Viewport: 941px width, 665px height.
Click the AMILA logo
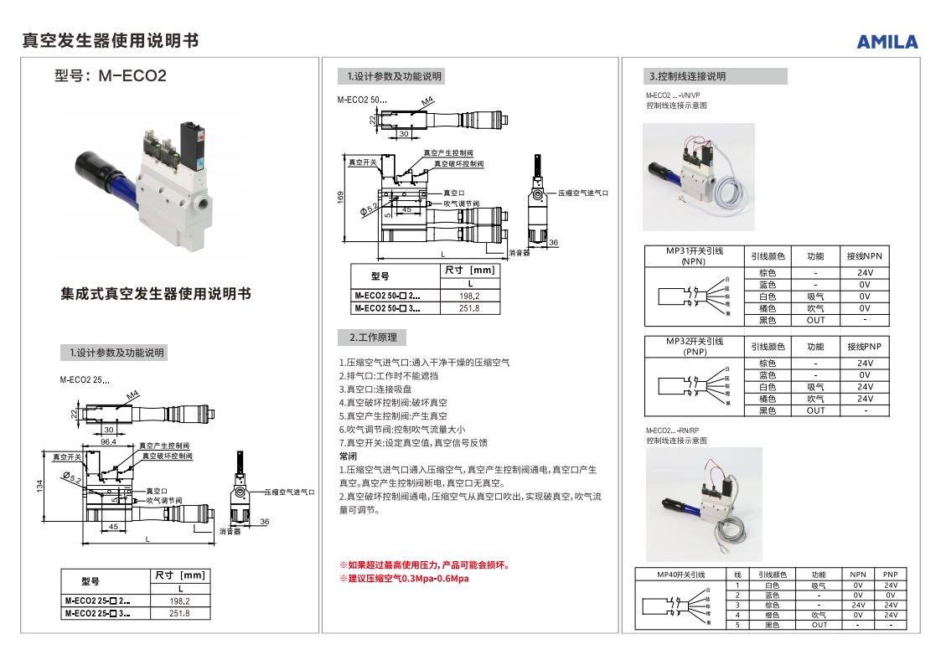[x=887, y=42]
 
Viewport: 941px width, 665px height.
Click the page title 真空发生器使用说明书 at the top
[x=111, y=41]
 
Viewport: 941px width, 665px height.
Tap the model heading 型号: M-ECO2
[x=111, y=76]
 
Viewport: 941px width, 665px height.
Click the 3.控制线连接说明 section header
[x=687, y=76]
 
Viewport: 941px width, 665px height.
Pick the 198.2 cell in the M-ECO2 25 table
[x=180, y=601]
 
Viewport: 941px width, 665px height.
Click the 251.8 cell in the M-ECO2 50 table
[x=469, y=308]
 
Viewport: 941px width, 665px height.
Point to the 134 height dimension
[x=39, y=486]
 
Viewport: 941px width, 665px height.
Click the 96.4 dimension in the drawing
[x=108, y=441]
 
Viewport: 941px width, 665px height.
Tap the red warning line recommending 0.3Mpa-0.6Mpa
[x=404, y=579]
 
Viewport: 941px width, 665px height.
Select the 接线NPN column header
[x=864, y=255]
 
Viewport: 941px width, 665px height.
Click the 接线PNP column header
[x=864, y=346]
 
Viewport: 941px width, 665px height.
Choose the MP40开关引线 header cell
[x=681, y=575]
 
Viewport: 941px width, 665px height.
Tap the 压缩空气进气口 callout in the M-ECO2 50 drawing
[x=583, y=193]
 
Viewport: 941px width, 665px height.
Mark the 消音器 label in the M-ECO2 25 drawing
[x=230, y=531]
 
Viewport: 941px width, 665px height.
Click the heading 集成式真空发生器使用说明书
[x=156, y=294]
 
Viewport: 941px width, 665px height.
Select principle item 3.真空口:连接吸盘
[x=375, y=389]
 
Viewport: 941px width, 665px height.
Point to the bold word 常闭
[x=348, y=456]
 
